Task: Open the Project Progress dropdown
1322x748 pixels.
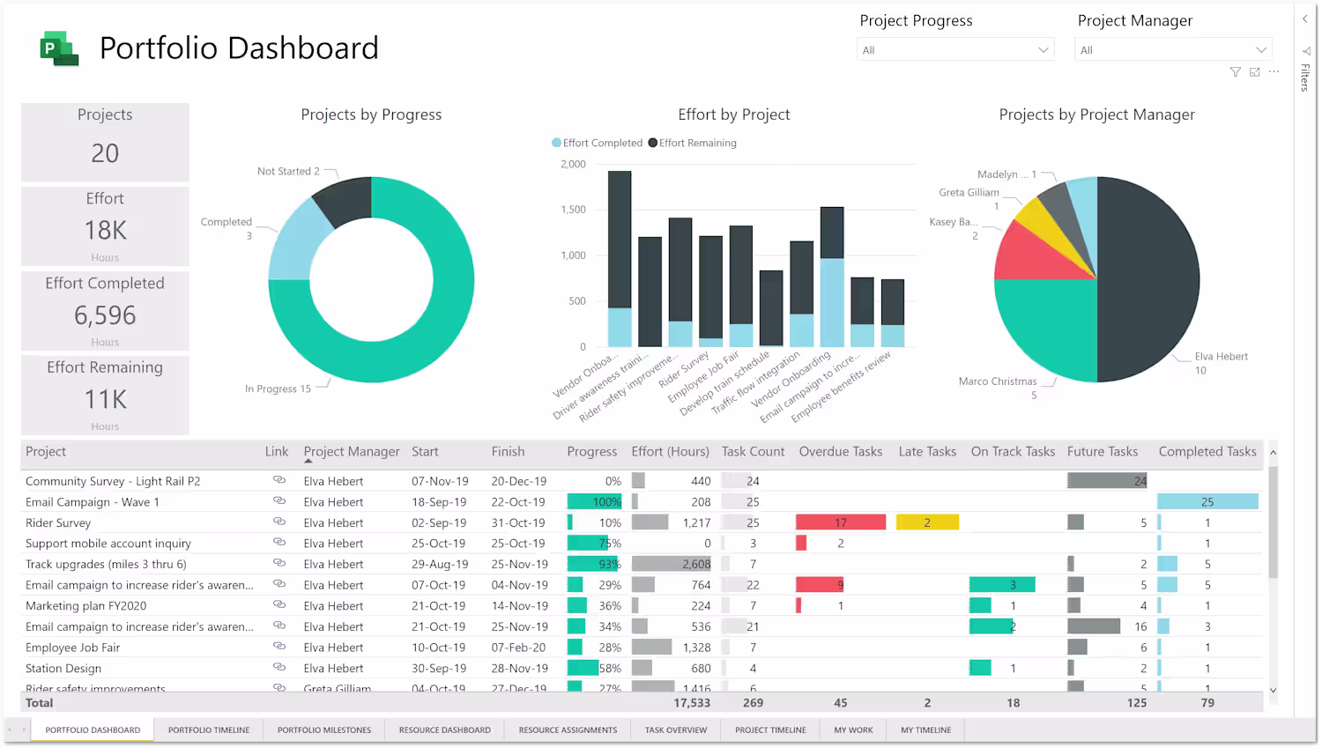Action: [955, 50]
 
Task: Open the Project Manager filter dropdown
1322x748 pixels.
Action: [1173, 50]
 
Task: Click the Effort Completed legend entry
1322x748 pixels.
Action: [602, 143]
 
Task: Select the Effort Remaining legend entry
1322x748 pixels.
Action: [697, 143]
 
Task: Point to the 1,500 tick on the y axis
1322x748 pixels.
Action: [573, 210]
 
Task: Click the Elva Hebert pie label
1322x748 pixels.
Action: [1221, 357]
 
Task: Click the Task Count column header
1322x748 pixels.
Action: [753, 452]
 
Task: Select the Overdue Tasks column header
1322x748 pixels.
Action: [840, 452]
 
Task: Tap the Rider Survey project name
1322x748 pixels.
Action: [58, 523]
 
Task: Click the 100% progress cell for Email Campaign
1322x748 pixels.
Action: [595, 502]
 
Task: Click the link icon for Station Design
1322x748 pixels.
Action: [279, 668]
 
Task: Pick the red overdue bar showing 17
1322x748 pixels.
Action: [840, 522]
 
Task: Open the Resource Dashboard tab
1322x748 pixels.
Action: [444, 729]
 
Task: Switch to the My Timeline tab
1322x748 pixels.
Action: [925, 729]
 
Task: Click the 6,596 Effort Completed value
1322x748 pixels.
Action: [105, 315]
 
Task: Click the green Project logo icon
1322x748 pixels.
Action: [59, 48]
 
